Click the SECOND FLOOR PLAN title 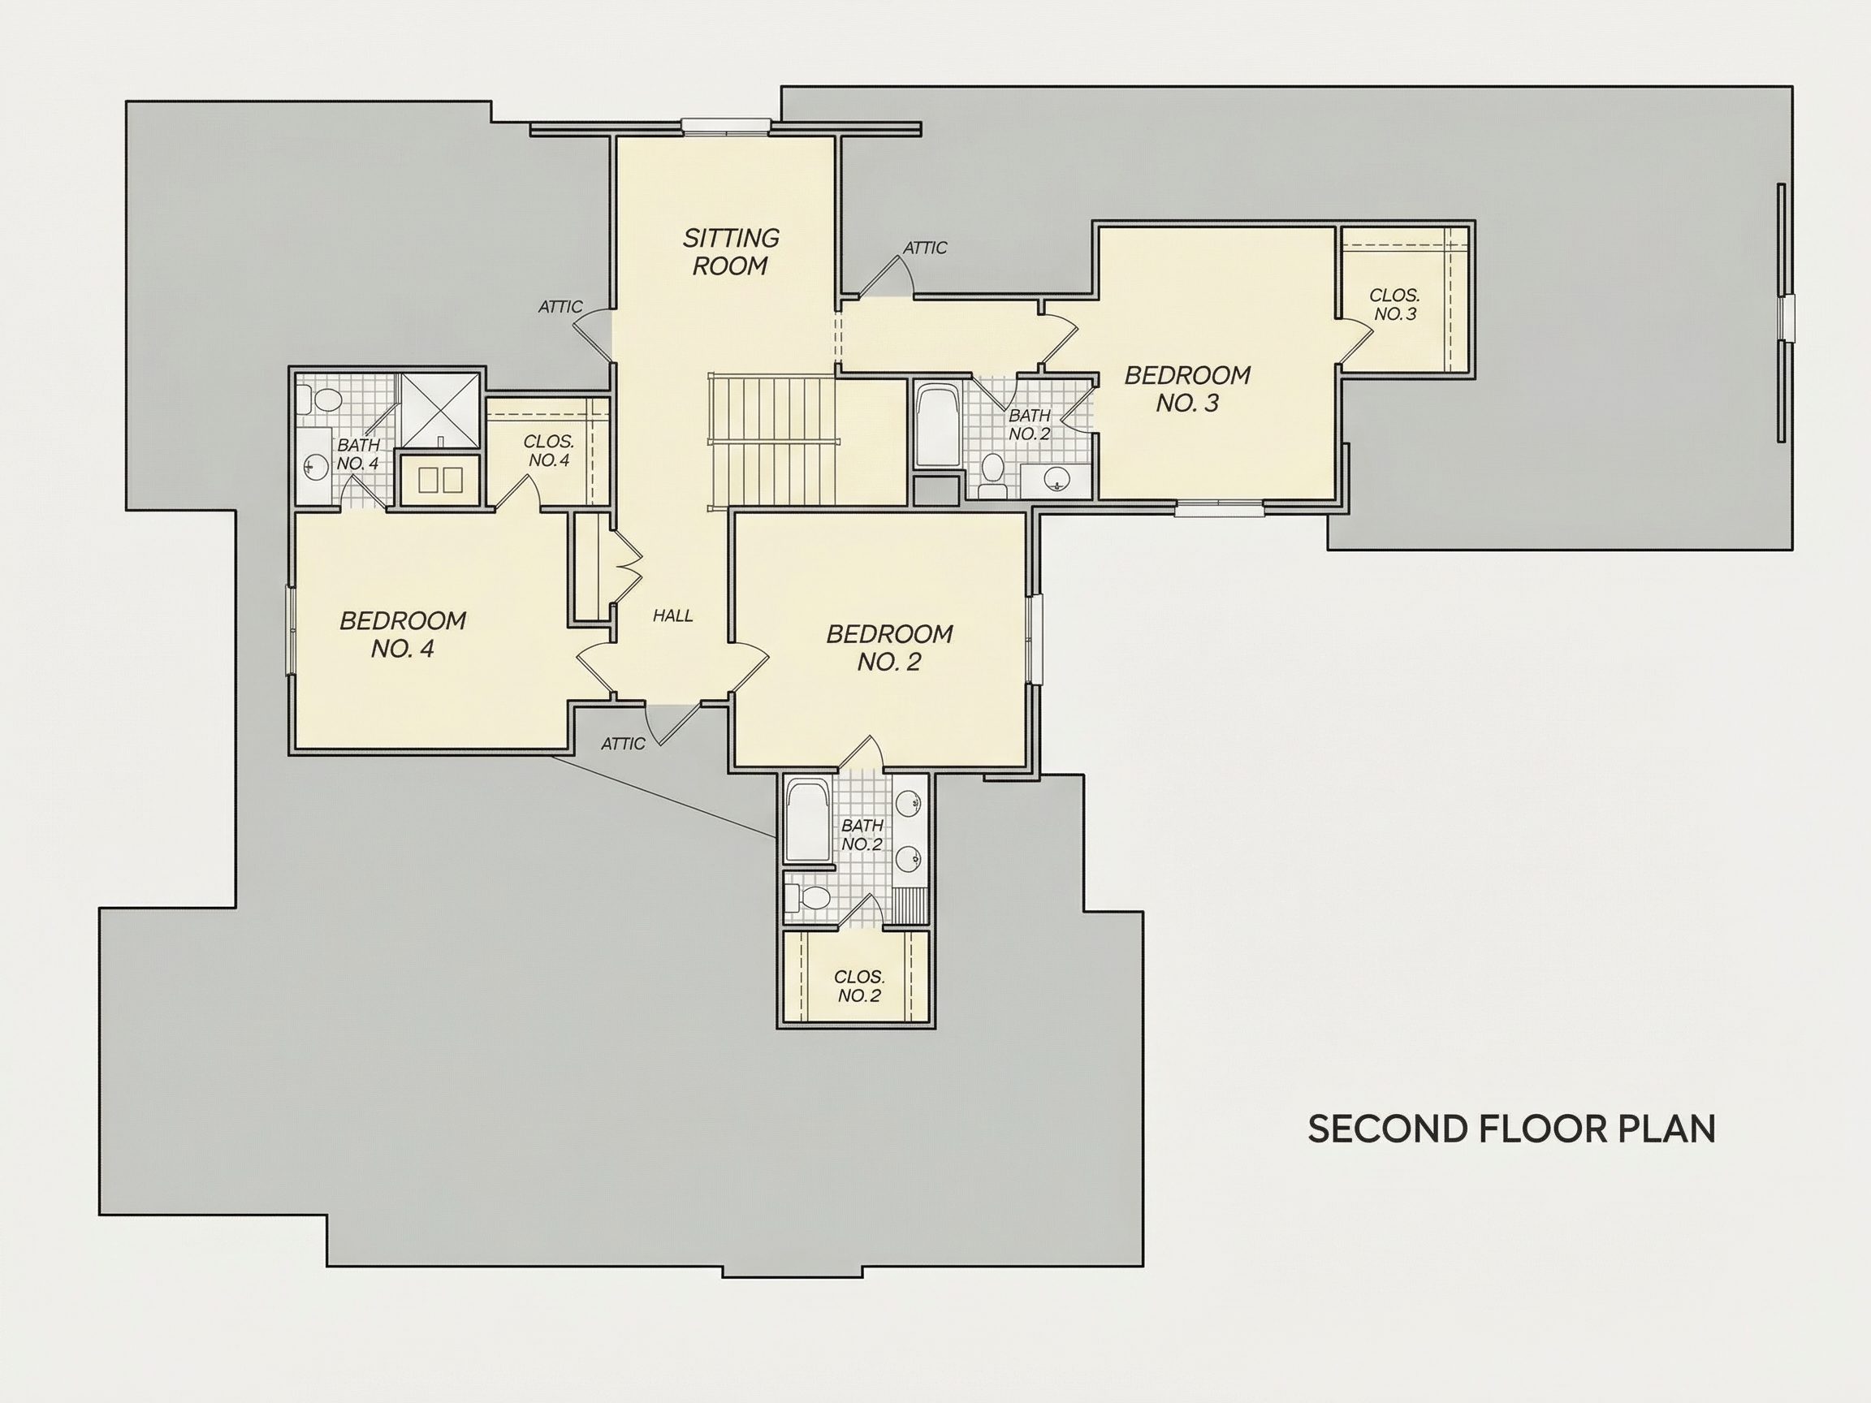tap(1511, 1129)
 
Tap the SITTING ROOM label tap(731, 252)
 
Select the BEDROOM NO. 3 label tap(1186, 389)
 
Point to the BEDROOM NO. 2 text tap(889, 648)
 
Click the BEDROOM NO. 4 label tap(403, 635)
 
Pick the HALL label tap(672, 616)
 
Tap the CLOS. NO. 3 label tap(1395, 304)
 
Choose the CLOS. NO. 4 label tap(548, 451)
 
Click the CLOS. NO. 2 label tap(859, 986)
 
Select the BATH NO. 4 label tap(358, 454)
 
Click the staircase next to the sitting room tap(771, 441)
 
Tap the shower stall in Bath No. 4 tap(440, 410)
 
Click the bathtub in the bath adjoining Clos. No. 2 tap(808, 821)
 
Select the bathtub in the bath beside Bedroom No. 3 tap(937, 425)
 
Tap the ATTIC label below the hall tap(623, 745)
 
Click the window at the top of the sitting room tap(726, 127)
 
